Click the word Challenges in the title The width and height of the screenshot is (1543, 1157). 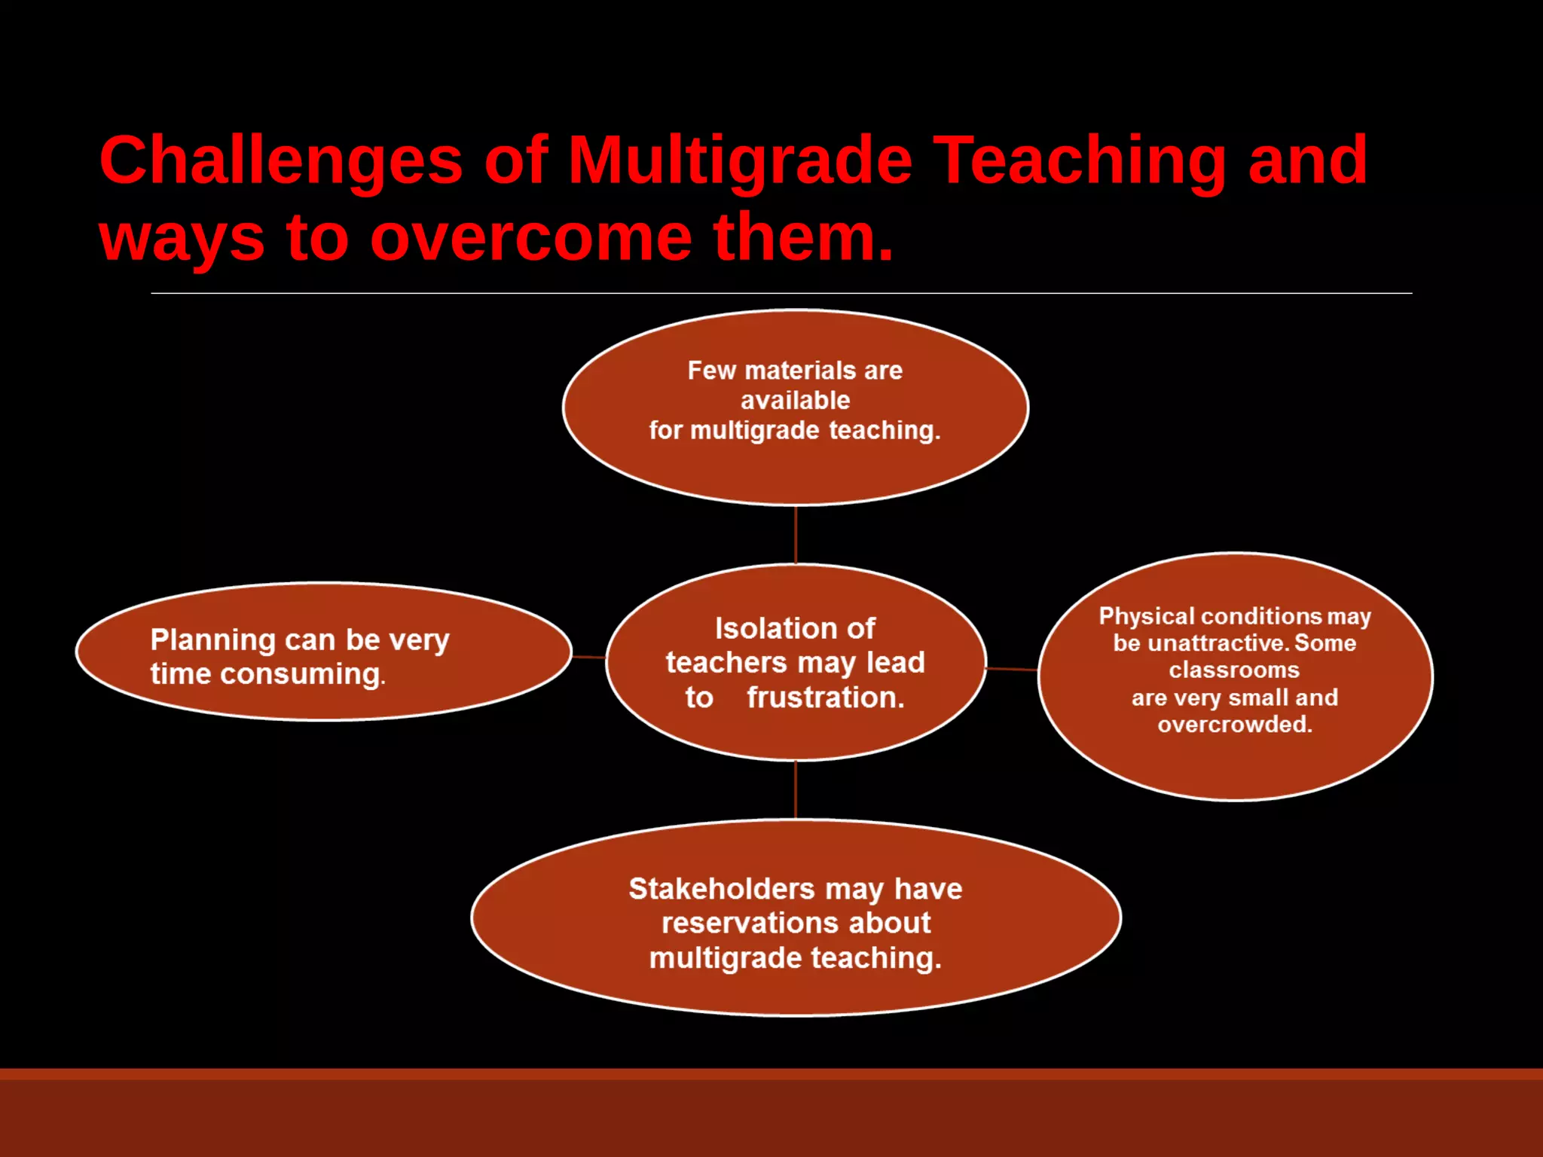pos(280,160)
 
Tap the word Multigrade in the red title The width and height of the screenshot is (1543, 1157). pos(739,160)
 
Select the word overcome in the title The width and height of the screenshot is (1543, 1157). pos(530,238)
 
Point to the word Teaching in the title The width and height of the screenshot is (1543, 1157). pos(1080,160)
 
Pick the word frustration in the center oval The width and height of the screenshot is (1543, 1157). pos(825,698)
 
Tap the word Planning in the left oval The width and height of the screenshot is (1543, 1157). pos(212,640)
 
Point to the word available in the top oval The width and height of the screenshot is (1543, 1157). pos(795,401)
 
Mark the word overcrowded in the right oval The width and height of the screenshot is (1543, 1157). pos(1234,725)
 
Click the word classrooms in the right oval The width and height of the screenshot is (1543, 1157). pos(1233,670)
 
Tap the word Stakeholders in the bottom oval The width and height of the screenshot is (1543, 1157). pos(721,889)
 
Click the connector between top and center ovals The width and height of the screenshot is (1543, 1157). pos(796,535)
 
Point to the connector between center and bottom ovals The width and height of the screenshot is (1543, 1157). pos(796,789)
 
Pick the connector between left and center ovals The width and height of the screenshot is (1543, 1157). pos(589,657)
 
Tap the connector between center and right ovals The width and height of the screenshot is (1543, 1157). pos(1012,669)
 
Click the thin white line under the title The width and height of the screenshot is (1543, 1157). pos(781,293)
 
